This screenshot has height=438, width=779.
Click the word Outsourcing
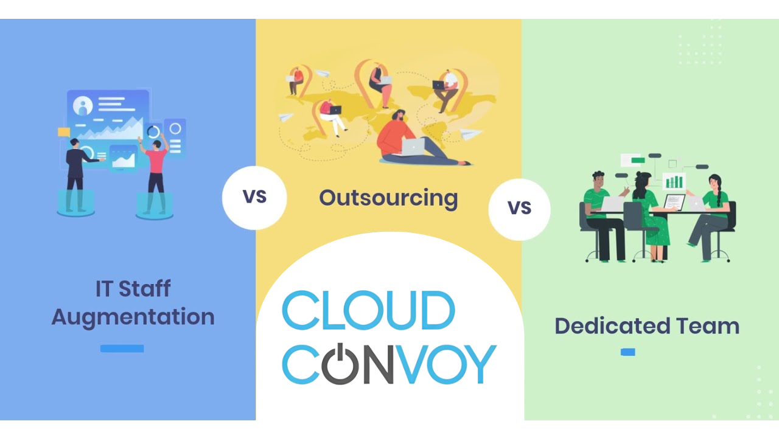(x=388, y=199)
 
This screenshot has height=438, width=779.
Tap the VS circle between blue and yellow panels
(x=254, y=198)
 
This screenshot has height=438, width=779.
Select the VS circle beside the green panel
(x=519, y=209)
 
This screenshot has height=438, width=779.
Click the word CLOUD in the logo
(x=368, y=310)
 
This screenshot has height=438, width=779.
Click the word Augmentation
(x=133, y=317)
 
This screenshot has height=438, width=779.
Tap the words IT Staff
(x=133, y=288)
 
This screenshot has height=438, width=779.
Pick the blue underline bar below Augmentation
(x=122, y=349)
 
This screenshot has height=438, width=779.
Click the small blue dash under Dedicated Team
(x=627, y=352)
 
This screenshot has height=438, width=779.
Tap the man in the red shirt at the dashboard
(x=155, y=176)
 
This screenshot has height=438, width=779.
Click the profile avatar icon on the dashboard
(x=83, y=105)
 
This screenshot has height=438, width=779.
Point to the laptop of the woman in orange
(x=413, y=147)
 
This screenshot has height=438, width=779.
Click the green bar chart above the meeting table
(x=674, y=181)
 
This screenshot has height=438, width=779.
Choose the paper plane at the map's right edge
(x=470, y=134)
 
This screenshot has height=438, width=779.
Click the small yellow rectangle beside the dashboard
(x=64, y=132)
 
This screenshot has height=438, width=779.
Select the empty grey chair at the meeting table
(x=639, y=229)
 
